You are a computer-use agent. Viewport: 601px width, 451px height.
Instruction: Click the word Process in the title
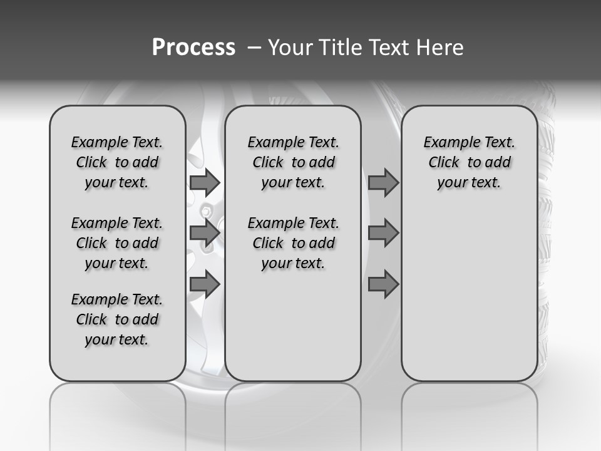tap(193, 48)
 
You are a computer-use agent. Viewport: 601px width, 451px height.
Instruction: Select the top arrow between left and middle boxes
tap(205, 182)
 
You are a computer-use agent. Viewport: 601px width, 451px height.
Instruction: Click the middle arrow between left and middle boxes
tap(205, 233)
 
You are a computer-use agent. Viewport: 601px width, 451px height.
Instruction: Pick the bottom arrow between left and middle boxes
tap(205, 284)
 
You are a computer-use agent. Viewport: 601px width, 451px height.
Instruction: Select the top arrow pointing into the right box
tap(383, 182)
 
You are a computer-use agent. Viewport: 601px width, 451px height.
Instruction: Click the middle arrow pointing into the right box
tap(383, 233)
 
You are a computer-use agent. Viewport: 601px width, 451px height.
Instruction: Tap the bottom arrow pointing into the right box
tap(383, 284)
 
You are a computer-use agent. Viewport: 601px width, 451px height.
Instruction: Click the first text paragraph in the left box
tap(117, 162)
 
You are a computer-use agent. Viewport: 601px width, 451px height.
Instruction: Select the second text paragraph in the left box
tap(117, 243)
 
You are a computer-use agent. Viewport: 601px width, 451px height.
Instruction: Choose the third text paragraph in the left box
tap(117, 319)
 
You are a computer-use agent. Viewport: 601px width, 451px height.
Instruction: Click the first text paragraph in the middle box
tap(293, 162)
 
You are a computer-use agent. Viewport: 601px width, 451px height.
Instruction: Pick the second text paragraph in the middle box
tap(293, 243)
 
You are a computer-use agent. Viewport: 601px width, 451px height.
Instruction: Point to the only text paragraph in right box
tap(469, 162)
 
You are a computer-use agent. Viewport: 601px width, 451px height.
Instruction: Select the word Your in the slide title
tap(290, 48)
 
